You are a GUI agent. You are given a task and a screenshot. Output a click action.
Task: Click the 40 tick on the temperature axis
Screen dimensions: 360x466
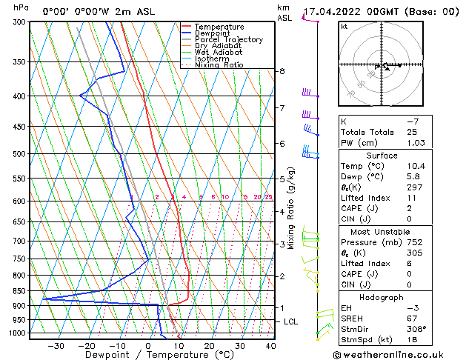(x=270, y=346)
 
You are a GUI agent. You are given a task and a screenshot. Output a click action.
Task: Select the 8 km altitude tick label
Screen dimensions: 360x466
(x=282, y=71)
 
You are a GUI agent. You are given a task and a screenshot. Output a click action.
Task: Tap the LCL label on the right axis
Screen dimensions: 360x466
(x=291, y=321)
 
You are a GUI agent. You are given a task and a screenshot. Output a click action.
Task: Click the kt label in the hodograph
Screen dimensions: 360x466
(x=344, y=26)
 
